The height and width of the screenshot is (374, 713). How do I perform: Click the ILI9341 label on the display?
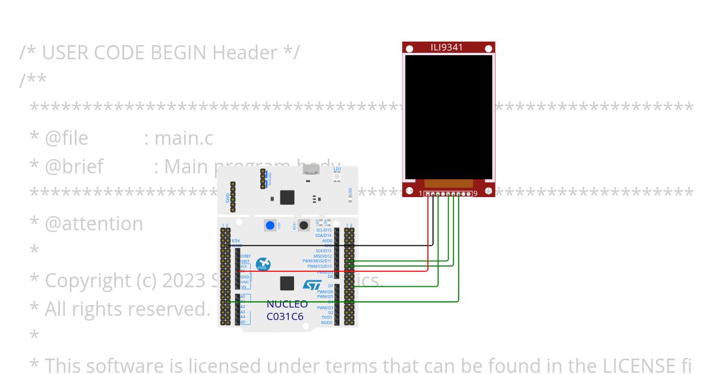click(x=446, y=47)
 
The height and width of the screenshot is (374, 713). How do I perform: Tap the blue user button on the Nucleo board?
click(x=270, y=226)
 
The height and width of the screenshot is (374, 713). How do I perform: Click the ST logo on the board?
click(x=312, y=285)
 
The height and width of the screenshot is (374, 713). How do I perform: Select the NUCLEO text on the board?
click(x=287, y=305)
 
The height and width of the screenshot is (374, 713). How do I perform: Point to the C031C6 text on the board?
click(x=285, y=316)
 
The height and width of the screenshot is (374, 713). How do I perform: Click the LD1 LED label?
click(x=337, y=169)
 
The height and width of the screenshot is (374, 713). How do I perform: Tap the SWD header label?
click(x=228, y=198)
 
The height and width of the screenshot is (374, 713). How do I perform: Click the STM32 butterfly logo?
click(x=263, y=265)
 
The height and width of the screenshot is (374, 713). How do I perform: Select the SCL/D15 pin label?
click(x=324, y=230)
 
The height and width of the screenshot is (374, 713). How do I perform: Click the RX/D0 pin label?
click(x=327, y=323)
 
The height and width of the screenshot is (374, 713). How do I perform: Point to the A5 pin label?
click(x=243, y=322)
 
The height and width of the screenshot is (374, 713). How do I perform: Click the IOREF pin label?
click(x=245, y=256)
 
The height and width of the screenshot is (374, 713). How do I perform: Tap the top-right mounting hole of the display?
click(x=488, y=49)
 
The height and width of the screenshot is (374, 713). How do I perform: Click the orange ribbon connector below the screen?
click(x=449, y=184)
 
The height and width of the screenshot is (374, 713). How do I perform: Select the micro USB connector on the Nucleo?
click(x=311, y=170)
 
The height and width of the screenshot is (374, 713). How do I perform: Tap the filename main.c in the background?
click(x=184, y=138)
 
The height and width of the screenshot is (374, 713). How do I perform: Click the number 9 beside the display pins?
click(x=475, y=194)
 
